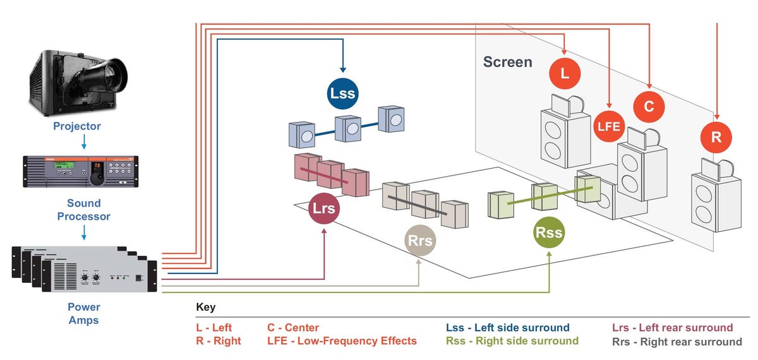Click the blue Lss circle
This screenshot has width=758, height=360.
[342, 93]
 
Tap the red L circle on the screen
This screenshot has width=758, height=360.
[565, 73]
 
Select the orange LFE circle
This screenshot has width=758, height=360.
[610, 126]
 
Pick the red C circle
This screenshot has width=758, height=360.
[649, 106]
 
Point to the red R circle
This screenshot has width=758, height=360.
[716, 137]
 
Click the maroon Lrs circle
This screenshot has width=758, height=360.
[324, 208]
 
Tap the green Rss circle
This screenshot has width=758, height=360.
[549, 232]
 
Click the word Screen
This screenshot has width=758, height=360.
[507, 62]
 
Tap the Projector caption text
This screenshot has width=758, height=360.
[76, 126]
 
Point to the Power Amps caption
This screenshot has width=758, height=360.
[83, 313]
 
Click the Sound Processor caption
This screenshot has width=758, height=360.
[83, 210]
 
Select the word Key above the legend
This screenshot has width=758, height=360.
[205, 308]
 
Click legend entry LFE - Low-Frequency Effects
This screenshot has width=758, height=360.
[342, 341]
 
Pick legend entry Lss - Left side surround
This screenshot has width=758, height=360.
[507, 328]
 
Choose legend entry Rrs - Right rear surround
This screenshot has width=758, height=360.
[677, 342]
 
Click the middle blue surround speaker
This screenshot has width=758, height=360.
[348, 129]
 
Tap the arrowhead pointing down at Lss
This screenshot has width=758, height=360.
[342, 69]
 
